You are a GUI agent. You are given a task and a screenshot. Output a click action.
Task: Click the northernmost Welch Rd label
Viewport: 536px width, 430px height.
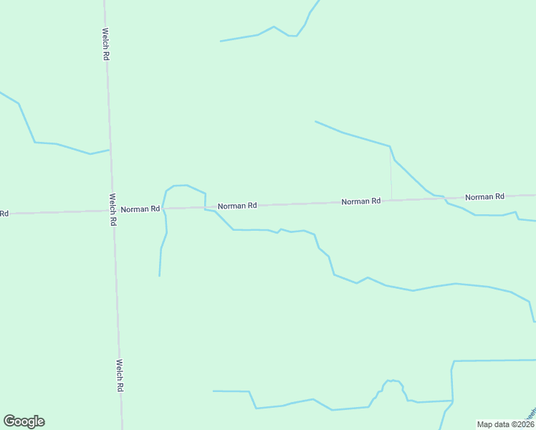105,44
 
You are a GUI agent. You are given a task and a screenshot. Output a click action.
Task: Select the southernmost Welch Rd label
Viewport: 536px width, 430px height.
120,375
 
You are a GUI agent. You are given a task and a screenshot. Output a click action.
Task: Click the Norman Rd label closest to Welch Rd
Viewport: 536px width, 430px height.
140,209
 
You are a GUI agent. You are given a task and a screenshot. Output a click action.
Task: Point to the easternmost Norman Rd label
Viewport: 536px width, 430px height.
484,196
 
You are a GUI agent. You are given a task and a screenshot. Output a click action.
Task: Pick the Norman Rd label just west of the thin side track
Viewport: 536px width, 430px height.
360,201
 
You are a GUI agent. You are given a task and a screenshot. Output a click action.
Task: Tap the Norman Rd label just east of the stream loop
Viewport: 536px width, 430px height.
237,206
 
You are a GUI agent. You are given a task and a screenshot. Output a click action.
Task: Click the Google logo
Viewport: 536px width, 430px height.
24,421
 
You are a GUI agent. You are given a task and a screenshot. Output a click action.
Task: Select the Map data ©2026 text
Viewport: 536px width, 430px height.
505,424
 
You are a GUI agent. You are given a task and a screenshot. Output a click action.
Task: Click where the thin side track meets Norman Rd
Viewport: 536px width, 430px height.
391,200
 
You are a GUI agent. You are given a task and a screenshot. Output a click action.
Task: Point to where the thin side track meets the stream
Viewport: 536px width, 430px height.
390,147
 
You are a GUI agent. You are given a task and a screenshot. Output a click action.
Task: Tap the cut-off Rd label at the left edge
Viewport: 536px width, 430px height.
4,214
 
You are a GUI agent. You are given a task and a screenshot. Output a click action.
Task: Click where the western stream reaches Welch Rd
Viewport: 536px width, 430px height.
109,150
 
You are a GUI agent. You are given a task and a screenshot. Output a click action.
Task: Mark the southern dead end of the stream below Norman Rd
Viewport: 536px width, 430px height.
159,276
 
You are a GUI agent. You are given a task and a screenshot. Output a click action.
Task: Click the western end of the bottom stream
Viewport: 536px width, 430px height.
214,391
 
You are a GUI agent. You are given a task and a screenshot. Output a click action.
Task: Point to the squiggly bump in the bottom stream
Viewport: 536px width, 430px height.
392,383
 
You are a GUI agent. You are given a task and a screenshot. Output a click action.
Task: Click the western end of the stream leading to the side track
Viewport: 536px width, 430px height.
315,121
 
